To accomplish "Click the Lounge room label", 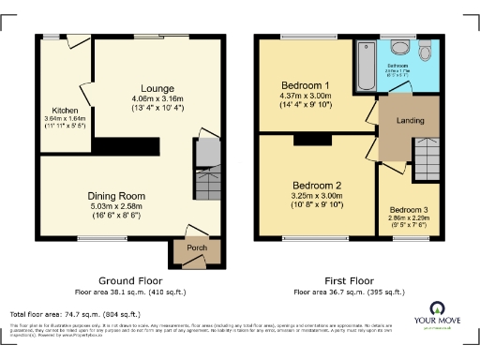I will (x=158, y=87).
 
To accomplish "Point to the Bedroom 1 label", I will (x=307, y=85).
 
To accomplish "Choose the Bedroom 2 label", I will (x=315, y=185).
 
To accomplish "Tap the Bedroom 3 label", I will (x=409, y=209).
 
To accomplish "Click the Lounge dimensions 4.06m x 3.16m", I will (x=158, y=97).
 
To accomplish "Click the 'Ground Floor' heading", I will (x=130, y=280).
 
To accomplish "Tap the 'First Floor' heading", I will (x=348, y=280).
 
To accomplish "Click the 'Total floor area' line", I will (x=75, y=314).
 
